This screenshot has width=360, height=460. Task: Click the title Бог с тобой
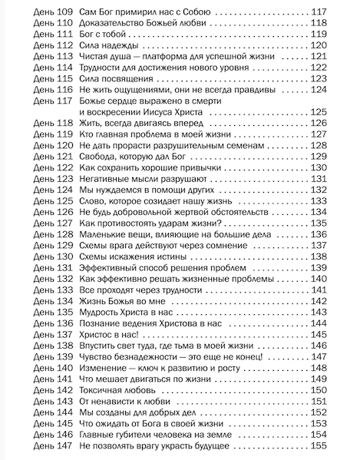click(x=107, y=35)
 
